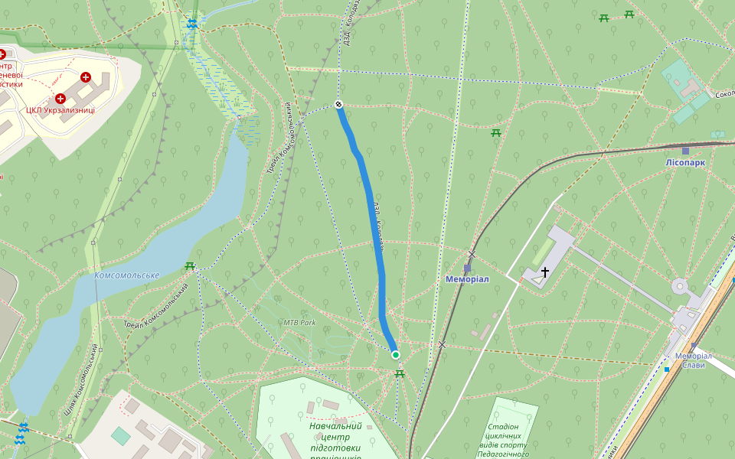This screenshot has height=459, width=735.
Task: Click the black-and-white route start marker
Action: click(x=338, y=104)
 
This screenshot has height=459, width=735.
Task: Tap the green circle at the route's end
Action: click(x=395, y=354)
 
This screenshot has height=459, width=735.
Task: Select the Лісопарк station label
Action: click(x=685, y=163)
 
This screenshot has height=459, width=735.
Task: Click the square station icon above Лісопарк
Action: click(x=685, y=151)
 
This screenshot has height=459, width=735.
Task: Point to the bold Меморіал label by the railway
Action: click(x=467, y=279)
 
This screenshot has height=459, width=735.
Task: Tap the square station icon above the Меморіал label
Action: click(x=467, y=268)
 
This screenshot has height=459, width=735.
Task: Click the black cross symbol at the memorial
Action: click(x=545, y=272)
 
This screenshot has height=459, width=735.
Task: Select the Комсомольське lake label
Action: click(x=126, y=275)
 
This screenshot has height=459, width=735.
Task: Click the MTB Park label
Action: click(x=299, y=322)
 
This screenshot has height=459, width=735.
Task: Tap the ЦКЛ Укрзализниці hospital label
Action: click(x=60, y=110)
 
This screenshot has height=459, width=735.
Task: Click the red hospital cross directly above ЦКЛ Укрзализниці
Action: click(x=60, y=98)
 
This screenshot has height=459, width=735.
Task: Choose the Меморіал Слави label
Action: click(x=694, y=360)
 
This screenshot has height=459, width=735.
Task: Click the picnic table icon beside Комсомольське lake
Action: click(x=189, y=266)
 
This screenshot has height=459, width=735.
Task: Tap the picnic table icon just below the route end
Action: click(x=399, y=373)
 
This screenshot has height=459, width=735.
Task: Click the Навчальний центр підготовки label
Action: click(x=335, y=437)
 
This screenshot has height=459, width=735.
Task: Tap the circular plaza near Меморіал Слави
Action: click(x=679, y=287)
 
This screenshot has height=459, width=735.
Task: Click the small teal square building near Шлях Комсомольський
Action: click(x=120, y=436)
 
